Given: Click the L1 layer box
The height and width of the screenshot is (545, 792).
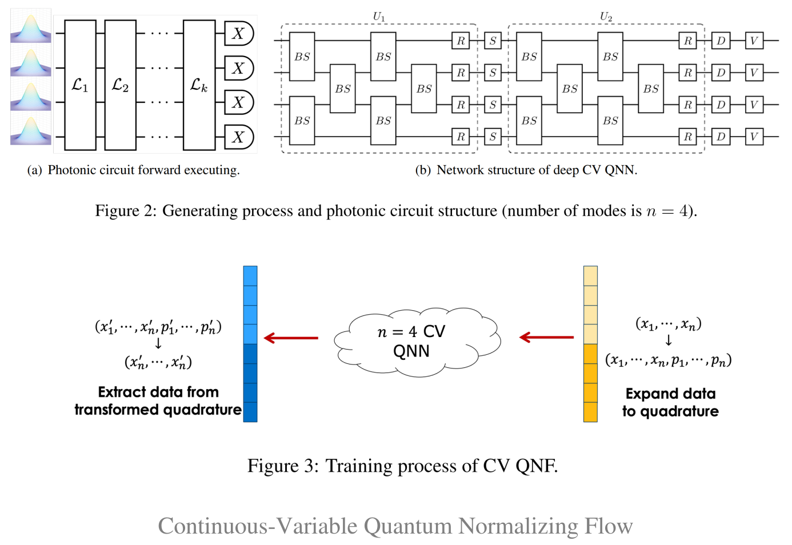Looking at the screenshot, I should pos(80,85).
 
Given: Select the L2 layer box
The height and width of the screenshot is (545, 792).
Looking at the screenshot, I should pos(121,85).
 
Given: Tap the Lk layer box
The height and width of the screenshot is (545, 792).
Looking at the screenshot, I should pos(199,85).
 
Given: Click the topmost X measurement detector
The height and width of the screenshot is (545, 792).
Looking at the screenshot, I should pos(238,34).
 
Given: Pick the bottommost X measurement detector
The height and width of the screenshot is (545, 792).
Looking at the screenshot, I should pos(238,137).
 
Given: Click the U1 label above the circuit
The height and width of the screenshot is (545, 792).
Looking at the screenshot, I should pos(379,17).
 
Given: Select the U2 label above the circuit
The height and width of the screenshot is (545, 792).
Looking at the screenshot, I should pos(606,17).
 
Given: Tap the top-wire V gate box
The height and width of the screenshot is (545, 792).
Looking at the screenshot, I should pos(754,41).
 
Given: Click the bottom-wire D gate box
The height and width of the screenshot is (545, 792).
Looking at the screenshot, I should pos(721,137).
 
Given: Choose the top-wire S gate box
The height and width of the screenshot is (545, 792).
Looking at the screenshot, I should pos(493,41).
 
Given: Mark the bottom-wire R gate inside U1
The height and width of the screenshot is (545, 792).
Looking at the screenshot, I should pos(461,137).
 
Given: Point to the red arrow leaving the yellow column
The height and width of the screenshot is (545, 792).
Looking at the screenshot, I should pos(546,338).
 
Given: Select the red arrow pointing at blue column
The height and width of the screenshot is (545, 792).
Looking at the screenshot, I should pos(291,338).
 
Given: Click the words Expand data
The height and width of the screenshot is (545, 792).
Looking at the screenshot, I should pos(670,394).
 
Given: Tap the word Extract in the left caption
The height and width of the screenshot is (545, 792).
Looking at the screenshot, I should pos(122,392).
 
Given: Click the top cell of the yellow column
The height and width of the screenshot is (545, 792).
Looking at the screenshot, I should pos(590,276).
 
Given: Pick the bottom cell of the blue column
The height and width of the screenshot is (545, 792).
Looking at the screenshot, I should pos(250,412).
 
